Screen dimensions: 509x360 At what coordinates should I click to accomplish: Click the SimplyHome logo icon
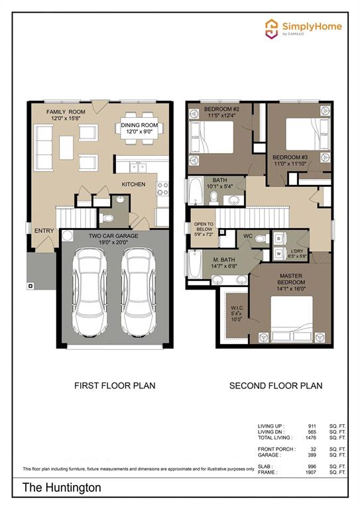pyautogui.click(x=271, y=28)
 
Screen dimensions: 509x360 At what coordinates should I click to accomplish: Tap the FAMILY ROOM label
pyautogui.click(x=65, y=112)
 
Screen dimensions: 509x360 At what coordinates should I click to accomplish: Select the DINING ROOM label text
pyautogui.click(x=139, y=125)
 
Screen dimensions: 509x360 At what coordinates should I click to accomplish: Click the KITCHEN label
pyautogui.click(x=133, y=184)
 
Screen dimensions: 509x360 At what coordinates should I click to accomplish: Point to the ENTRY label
pyautogui.click(x=44, y=230)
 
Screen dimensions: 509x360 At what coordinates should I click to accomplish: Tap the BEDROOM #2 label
pyautogui.click(x=221, y=109)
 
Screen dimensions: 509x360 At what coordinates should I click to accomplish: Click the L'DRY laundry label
pyautogui.click(x=297, y=249)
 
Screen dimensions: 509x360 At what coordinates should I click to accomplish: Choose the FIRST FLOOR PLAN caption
pyautogui.click(x=114, y=385)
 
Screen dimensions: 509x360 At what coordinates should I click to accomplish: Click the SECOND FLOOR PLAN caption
pyautogui.click(x=275, y=385)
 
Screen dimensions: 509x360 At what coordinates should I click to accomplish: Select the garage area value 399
pyautogui.click(x=310, y=455)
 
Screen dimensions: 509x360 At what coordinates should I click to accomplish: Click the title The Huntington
pyautogui.click(x=62, y=487)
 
